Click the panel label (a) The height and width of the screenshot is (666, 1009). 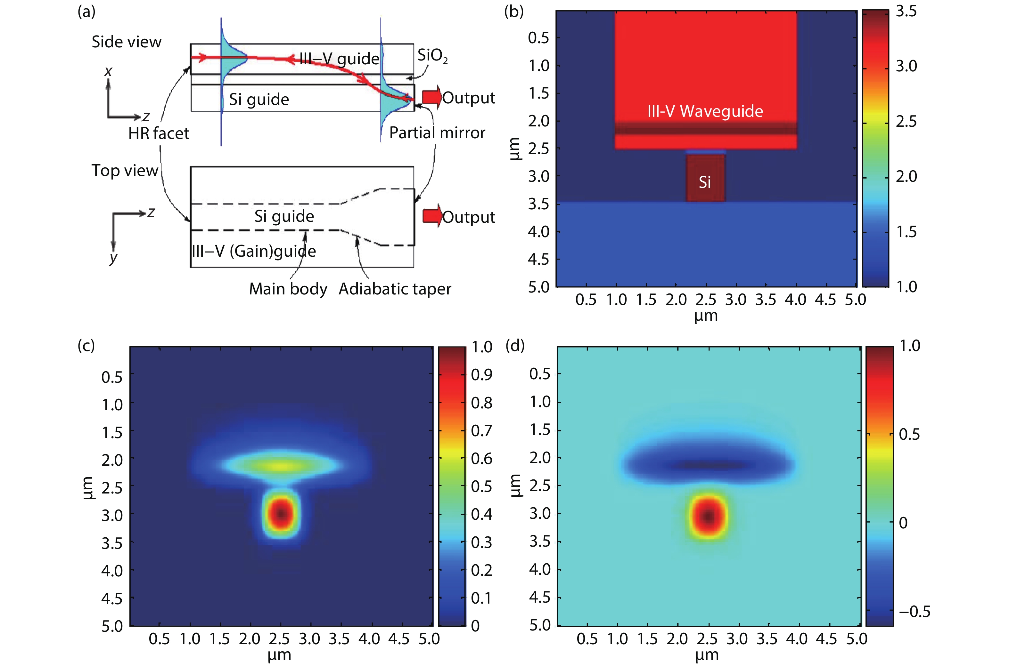click(86, 12)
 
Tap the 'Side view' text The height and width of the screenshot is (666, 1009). click(126, 42)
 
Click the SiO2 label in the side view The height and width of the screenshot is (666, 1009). click(432, 56)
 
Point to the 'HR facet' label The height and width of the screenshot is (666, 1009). click(159, 133)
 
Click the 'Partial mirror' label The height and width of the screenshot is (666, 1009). click(437, 133)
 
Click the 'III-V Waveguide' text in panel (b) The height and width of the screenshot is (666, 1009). click(705, 111)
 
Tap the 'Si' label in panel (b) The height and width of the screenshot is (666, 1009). click(705, 182)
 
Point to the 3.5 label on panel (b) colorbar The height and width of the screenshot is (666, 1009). click(906, 12)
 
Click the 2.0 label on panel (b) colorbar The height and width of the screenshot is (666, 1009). click(906, 177)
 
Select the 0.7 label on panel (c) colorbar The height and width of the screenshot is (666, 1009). click(481, 431)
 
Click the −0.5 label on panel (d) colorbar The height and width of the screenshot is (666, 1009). click(914, 612)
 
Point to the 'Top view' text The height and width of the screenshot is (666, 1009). click(125, 171)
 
